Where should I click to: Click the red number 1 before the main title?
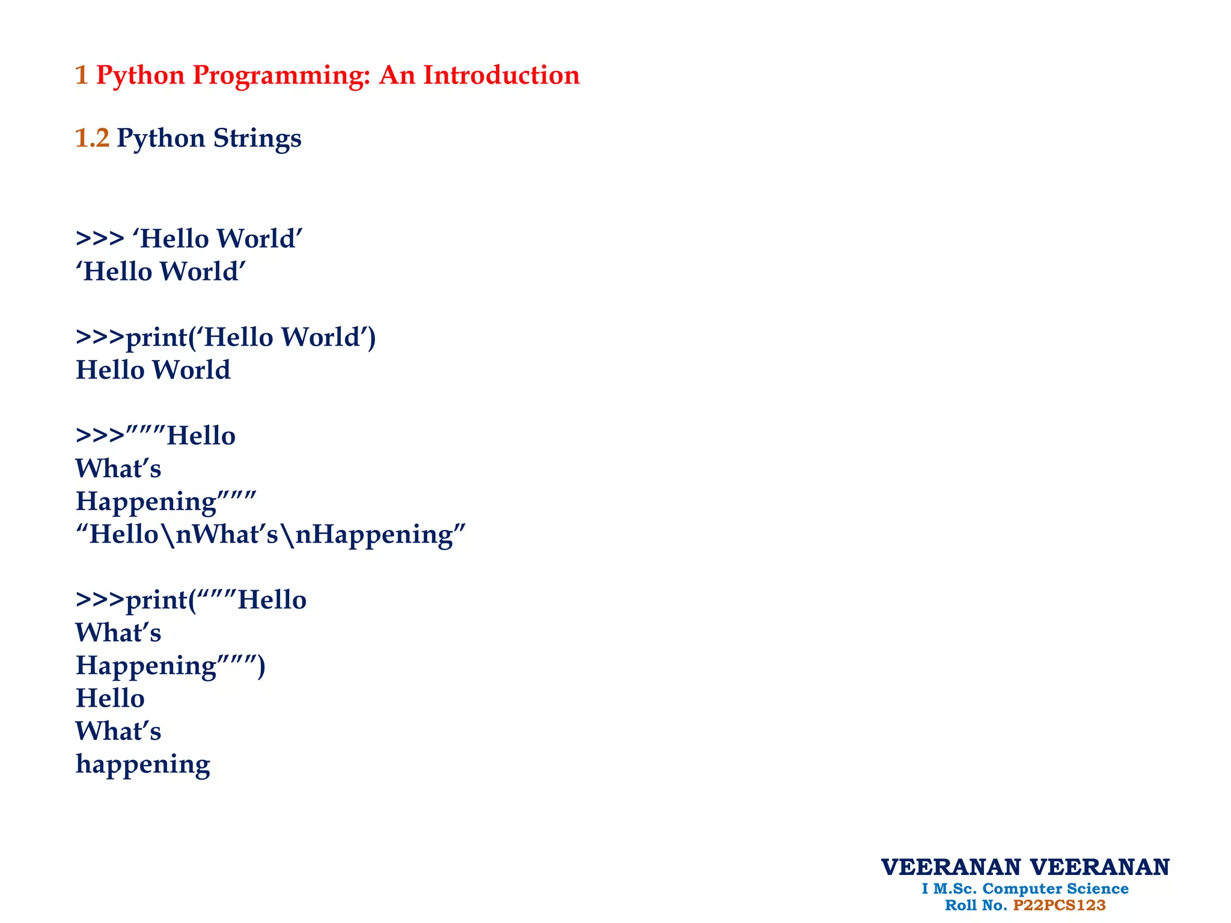coord(82,76)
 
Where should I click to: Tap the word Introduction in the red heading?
coord(501,76)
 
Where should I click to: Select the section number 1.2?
coord(92,138)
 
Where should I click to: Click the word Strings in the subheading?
coord(257,139)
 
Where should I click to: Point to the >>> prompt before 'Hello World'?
coord(100,239)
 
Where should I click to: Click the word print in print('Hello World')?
coord(156,338)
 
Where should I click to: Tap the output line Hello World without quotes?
coord(153,370)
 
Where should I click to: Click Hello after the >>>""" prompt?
coord(201,436)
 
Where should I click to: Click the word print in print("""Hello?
coord(156,600)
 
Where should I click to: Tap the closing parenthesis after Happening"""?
coord(261,666)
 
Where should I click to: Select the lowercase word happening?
coord(143,765)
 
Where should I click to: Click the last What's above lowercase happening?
coord(118,731)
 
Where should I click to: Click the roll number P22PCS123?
coord(1059,906)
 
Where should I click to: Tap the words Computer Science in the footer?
coord(1055,889)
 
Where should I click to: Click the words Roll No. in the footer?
coord(976,906)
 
